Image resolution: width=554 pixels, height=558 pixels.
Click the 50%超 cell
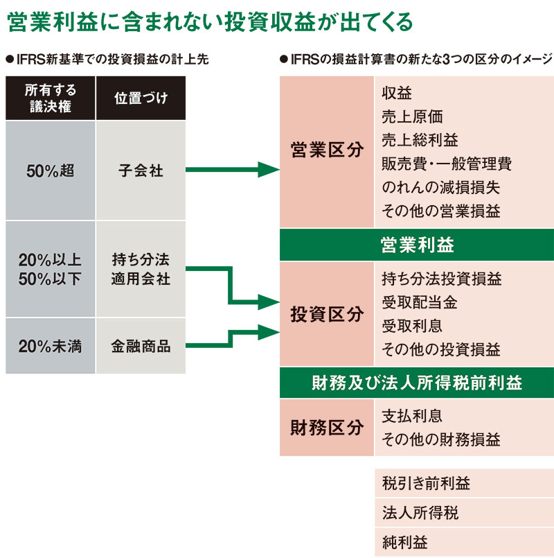[49, 171]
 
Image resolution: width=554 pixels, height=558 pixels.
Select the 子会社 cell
[141, 171]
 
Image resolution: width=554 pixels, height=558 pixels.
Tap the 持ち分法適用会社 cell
[141, 270]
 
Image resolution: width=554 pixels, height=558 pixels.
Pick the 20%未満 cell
[49, 346]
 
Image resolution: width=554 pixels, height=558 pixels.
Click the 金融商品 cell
[141, 346]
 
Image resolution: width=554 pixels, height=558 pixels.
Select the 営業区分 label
[327, 151]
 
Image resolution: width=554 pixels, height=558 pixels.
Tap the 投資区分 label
[327, 315]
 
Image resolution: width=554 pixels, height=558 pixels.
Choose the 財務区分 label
[327, 428]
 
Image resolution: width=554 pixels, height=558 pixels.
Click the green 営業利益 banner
[417, 245]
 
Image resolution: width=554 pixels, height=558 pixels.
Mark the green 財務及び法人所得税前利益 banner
[417, 383]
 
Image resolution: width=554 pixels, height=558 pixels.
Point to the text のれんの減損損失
[440, 187]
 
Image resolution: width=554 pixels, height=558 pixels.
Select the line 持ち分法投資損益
[442, 279]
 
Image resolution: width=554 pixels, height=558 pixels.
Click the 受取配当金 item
[419, 302]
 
